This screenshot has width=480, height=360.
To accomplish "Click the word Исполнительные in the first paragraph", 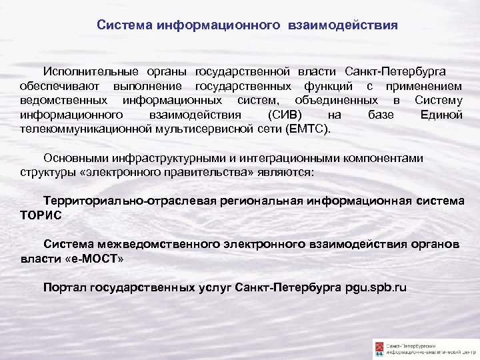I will [x=85, y=71].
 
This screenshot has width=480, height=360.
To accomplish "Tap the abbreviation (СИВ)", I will [x=281, y=115].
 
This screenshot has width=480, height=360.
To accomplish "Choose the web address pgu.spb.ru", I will [x=377, y=288].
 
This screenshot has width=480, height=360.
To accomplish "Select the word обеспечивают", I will [x=59, y=86].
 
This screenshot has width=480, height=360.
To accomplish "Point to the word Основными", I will [x=73, y=158].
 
